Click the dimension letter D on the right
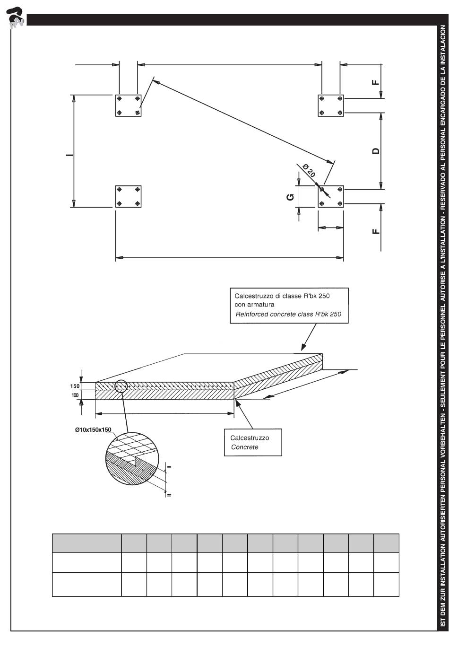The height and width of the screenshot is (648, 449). pyautogui.click(x=376, y=151)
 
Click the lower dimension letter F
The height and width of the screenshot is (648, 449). pyautogui.click(x=376, y=231)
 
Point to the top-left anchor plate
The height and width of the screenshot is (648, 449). pyautogui.click(x=129, y=105)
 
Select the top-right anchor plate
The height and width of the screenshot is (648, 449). pyautogui.click(x=330, y=105)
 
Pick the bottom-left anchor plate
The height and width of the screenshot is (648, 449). pyautogui.click(x=129, y=196)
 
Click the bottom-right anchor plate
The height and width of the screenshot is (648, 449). pyautogui.click(x=330, y=196)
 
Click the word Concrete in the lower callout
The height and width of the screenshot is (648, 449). pyautogui.click(x=245, y=447)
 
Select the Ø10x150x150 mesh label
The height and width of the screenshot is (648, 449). pyautogui.click(x=93, y=429)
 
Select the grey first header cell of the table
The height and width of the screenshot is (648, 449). pyautogui.click(x=86, y=543)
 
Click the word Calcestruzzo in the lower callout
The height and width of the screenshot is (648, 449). pyautogui.click(x=250, y=438)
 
